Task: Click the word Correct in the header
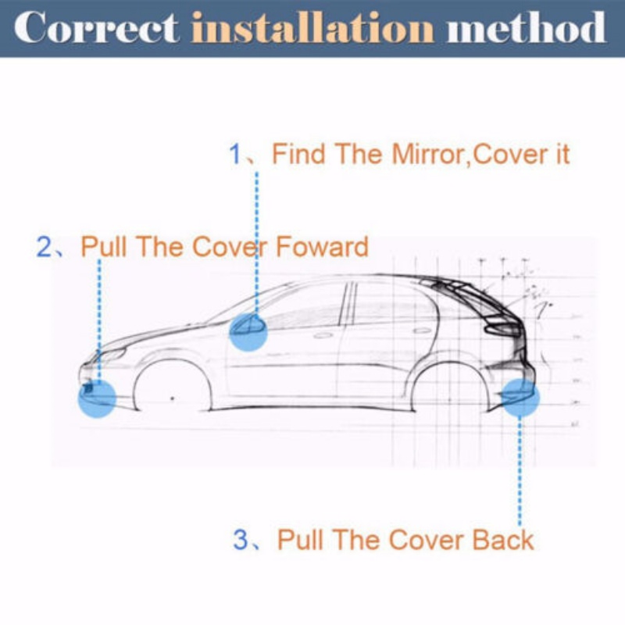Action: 96,27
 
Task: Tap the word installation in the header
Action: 312,27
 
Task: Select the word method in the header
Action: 526,27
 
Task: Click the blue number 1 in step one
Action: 235,154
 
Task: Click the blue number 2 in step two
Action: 44,247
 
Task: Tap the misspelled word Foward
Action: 322,247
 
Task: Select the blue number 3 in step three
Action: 241,540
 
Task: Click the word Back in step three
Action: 503,540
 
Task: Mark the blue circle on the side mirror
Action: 248,332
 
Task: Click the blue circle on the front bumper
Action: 97,398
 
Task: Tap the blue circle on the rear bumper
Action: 520,398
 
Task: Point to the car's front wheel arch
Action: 172,361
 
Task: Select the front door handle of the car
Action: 323,335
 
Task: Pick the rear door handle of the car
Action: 423,330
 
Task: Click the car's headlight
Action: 112,354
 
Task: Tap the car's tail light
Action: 503,328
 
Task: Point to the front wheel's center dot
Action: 172,398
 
